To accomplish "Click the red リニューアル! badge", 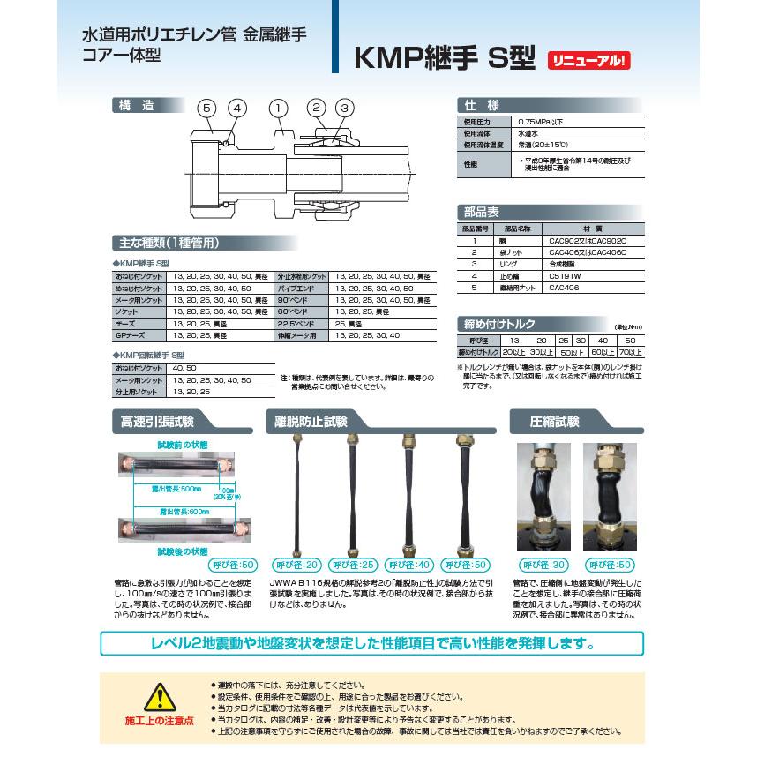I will (590, 61).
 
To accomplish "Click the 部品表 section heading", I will (482, 212).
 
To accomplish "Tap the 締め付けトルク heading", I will (498, 323).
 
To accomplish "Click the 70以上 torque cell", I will (630, 351).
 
